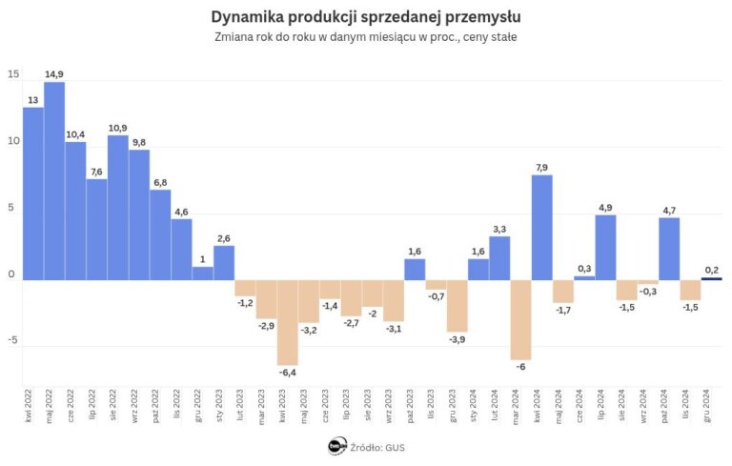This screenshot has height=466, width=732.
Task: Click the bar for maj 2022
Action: click(x=54, y=181)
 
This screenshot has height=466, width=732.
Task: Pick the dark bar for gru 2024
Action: click(x=712, y=278)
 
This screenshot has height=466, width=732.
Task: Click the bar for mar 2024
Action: click(x=520, y=319)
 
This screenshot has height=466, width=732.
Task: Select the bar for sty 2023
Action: click(x=224, y=262)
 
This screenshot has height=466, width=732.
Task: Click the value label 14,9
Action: click(x=54, y=74)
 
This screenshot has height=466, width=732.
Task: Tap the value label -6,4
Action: click(x=288, y=373)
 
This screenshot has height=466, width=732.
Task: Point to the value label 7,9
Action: click(x=542, y=167)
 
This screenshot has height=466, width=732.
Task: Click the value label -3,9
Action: click(x=457, y=339)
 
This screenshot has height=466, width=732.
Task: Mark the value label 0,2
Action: click(x=712, y=270)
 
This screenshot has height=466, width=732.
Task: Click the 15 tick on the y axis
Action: click(x=12, y=74)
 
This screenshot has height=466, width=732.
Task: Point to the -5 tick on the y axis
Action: click(x=12, y=342)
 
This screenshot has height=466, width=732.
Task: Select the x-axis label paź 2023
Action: click(x=416, y=404)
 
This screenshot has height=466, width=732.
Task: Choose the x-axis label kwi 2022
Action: click(x=34, y=404)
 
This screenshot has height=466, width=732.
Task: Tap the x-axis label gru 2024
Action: click(x=712, y=404)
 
